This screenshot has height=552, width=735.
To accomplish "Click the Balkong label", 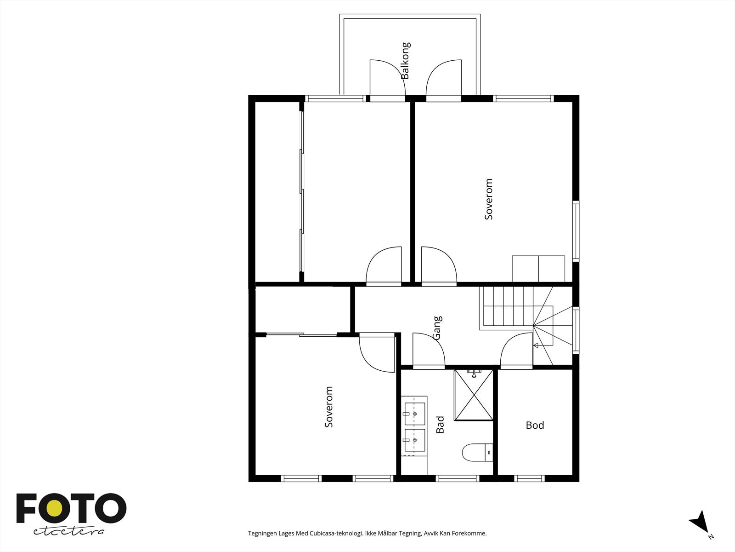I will [x=405, y=61].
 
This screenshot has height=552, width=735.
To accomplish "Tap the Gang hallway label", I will [x=437, y=328].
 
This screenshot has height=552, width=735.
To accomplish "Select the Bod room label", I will [x=535, y=425].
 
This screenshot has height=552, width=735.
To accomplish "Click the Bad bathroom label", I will [x=440, y=425].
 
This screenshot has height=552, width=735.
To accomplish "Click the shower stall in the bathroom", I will [x=474, y=395].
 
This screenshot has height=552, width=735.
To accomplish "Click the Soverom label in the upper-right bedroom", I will [x=489, y=199].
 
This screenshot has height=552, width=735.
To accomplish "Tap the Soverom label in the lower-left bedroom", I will [x=328, y=407].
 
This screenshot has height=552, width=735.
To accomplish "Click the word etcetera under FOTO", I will [x=69, y=532].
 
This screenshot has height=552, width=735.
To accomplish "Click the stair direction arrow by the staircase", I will [x=536, y=344].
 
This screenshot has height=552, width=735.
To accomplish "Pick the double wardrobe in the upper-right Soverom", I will [x=538, y=269].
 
